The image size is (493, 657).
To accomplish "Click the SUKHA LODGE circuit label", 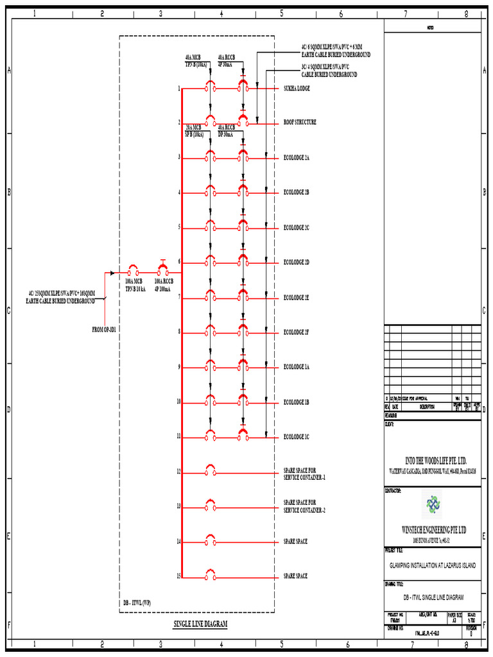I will pos(296,89).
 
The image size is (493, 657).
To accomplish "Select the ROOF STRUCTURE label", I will pos(299,122).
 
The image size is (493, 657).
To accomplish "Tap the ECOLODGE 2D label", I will pos(296,262).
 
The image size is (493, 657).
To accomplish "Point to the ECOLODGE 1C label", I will pos(296,437).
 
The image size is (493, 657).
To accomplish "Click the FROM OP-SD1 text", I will pos(108,330).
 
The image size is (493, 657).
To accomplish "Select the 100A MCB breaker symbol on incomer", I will pos(134,272).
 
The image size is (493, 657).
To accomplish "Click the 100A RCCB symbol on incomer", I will pos(162,271).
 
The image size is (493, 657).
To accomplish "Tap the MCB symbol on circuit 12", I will pos(210,470).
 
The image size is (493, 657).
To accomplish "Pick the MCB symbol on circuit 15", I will pos(210,574).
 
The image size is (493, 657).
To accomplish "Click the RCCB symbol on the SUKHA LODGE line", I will pos(243,87).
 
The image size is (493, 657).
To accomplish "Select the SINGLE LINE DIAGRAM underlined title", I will pos(200,624).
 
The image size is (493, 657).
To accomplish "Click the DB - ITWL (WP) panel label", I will pos(137,604).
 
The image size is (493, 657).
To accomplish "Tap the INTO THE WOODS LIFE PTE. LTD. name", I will pos(435,461).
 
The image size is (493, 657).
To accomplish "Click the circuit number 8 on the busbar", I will pos(179,332).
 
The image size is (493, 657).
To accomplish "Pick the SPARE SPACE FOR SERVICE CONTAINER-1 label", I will pos(304,474).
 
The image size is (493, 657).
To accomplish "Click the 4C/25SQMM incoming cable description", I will pos(61,296).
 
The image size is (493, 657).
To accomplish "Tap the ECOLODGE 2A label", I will pos(296,157).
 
